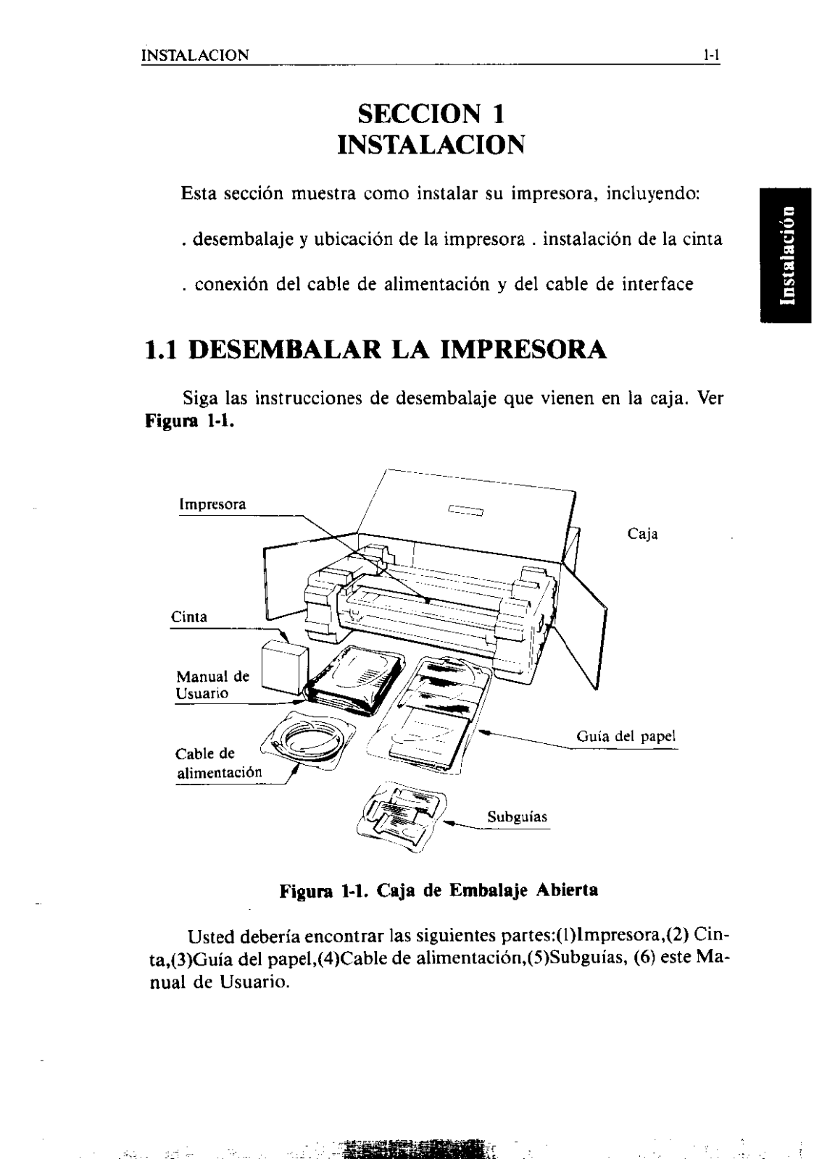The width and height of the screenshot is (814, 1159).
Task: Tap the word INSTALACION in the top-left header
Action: (195, 55)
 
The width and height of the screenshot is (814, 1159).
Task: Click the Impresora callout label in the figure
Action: (212, 504)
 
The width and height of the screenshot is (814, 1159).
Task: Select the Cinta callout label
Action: (188, 617)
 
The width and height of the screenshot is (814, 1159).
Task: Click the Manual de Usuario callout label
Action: (212, 685)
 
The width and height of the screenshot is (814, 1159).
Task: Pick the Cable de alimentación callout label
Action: (218, 763)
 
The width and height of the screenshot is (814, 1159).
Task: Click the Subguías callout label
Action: (517, 817)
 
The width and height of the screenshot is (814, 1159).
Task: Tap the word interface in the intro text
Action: (657, 284)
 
